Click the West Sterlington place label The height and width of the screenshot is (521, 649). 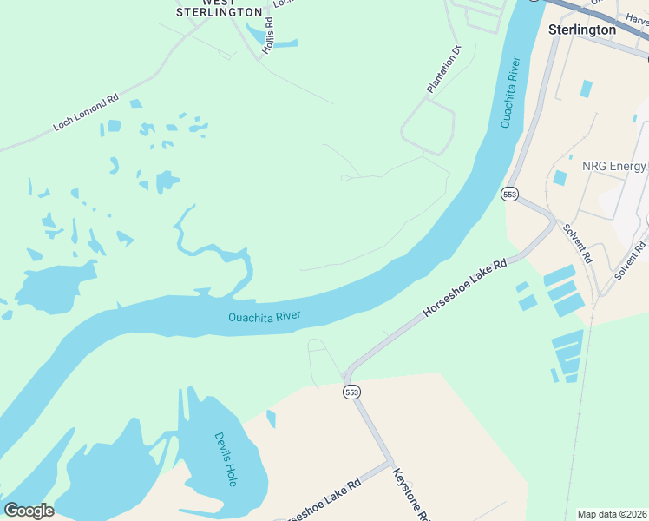point(219,8)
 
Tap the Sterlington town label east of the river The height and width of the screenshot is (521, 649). point(582,30)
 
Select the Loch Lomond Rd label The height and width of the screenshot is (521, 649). point(85,113)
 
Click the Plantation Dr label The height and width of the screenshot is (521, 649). point(446,69)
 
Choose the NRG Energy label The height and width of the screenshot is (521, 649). point(614,166)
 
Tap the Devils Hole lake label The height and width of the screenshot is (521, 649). point(225,458)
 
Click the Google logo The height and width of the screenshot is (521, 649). point(29,511)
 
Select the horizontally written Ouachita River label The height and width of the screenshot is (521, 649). point(264,318)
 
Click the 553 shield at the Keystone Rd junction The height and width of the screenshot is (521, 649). point(351,392)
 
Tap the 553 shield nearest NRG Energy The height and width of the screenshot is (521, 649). point(509,195)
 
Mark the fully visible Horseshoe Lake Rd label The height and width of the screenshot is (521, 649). point(463,287)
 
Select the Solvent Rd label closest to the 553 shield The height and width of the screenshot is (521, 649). point(576,244)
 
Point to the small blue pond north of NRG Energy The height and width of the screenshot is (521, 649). point(587,89)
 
